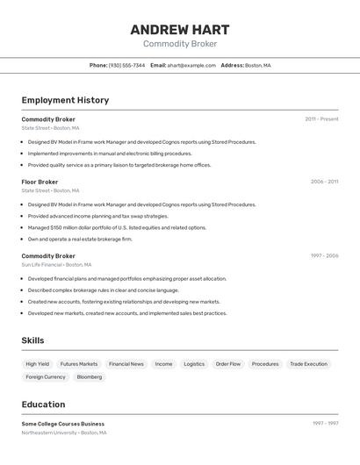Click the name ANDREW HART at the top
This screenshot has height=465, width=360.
point(180,28)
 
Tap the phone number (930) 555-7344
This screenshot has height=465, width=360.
point(126,65)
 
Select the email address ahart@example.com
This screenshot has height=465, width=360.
point(191,65)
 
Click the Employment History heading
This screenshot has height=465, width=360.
point(65,100)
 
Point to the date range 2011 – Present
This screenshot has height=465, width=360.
point(321,119)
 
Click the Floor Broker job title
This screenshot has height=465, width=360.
point(40,182)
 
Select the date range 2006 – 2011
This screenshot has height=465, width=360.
point(324,182)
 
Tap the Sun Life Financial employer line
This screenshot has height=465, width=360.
point(55,264)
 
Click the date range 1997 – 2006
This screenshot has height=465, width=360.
point(324,256)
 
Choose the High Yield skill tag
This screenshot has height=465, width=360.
point(37,363)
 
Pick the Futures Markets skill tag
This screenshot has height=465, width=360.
point(79,363)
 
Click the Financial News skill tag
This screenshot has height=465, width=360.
point(126,363)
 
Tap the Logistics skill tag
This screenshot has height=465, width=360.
point(194,363)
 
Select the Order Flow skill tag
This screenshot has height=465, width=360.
point(228,363)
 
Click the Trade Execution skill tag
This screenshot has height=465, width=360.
point(308,363)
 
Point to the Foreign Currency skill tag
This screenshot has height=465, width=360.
point(46,376)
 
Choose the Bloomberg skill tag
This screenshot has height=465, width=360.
point(90,376)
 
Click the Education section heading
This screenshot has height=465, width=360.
point(43,404)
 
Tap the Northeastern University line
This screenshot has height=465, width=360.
point(64,433)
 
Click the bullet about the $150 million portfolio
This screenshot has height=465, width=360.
point(117,227)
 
